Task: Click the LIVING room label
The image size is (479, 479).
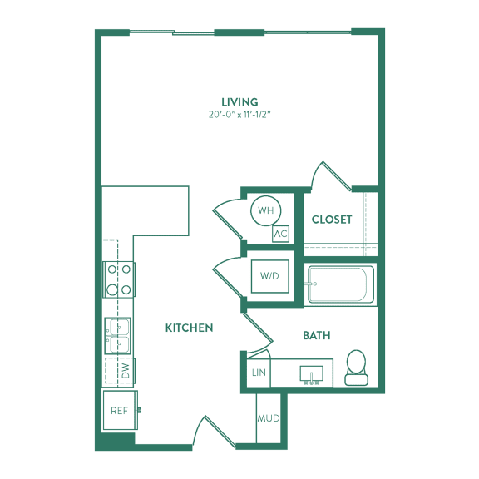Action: pyautogui.click(x=239, y=101)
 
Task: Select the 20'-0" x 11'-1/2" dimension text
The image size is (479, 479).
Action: pyautogui.click(x=239, y=115)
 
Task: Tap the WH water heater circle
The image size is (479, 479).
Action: pyautogui.click(x=265, y=210)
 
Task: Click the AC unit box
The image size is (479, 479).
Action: pyautogui.click(x=280, y=234)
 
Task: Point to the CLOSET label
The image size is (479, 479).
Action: pyautogui.click(x=332, y=220)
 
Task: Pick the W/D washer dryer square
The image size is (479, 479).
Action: pyautogui.click(x=269, y=276)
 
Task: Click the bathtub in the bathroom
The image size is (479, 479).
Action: pyautogui.click(x=341, y=284)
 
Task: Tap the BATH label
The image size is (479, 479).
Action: pyautogui.click(x=317, y=335)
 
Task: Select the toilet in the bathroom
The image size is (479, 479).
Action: pyautogui.click(x=356, y=368)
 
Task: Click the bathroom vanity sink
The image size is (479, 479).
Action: pyautogui.click(x=311, y=374)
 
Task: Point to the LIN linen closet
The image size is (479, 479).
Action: pyautogui.click(x=259, y=373)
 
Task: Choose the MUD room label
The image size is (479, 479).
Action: pyautogui.click(x=269, y=418)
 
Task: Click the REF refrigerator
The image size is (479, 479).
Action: pyautogui.click(x=120, y=410)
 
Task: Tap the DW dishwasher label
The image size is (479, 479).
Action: pyautogui.click(x=126, y=371)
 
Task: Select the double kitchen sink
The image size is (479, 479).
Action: pyautogui.click(x=117, y=336)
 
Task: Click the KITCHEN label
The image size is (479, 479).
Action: pyautogui.click(x=189, y=328)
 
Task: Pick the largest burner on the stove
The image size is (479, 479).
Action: pyautogui.click(x=112, y=289)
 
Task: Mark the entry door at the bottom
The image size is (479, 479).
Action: pyautogui.click(x=214, y=431)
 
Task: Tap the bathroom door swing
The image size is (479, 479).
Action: pyautogui.click(x=258, y=333)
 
